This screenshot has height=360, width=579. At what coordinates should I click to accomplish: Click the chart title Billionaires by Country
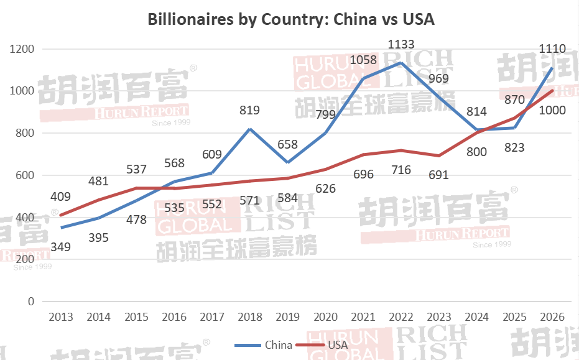(290, 19)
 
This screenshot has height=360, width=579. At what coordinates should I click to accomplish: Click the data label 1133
(401, 44)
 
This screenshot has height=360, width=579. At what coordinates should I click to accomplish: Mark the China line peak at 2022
(401, 63)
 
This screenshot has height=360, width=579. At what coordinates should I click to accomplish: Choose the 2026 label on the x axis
(552, 316)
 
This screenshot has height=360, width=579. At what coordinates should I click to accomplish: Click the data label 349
(60, 247)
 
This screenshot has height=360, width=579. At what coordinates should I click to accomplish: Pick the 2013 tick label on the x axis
(60, 316)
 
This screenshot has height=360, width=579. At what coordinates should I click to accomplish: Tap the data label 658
(287, 145)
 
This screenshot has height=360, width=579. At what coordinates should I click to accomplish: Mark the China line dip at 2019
(287, 163)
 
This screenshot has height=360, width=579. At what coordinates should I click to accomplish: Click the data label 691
(438, 175)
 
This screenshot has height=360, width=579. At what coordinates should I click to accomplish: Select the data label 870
(515, 99)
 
